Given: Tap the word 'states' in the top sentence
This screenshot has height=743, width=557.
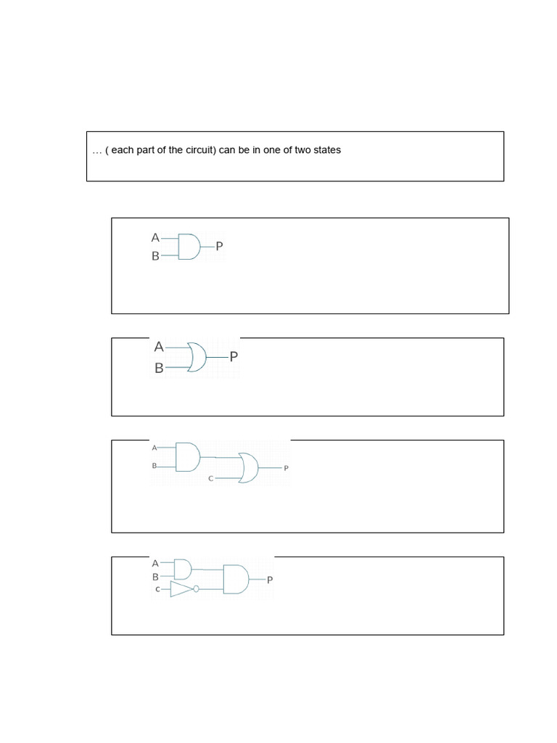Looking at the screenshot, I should [326, 150].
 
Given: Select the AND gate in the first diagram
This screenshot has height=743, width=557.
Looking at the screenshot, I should [189, 247].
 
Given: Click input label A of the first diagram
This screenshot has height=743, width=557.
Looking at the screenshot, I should [154, 237].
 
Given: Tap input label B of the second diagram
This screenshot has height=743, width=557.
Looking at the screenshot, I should [159, 368].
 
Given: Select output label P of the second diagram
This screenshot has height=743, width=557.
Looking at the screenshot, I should [234, 357].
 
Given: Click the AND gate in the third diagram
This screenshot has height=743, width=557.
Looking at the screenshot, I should [187, 457].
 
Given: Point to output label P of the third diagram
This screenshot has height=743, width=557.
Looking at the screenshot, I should [286, 469].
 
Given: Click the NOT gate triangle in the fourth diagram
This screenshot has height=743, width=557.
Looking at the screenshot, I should [181, 589].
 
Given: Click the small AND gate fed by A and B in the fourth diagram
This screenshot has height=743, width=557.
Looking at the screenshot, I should [183, 568].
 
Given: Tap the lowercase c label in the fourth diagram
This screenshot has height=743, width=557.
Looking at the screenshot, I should [157, 590].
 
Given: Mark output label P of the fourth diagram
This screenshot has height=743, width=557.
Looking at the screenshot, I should [270, 580].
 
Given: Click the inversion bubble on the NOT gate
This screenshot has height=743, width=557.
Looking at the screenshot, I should [196, 589].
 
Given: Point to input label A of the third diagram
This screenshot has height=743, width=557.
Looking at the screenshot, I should [154, 448].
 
